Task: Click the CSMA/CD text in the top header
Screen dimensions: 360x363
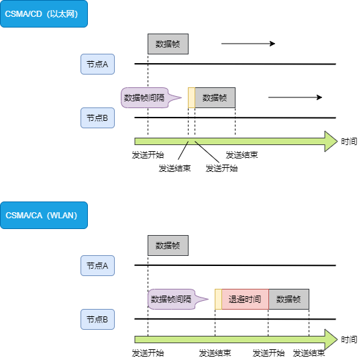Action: point(24,14)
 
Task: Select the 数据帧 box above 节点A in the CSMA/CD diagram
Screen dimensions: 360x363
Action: point(168,44)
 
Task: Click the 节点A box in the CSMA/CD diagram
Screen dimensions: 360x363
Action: point(97,64)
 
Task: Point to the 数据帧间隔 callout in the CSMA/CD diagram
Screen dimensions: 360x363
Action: point(144,98)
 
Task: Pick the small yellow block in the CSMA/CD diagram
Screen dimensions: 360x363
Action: point(191,98)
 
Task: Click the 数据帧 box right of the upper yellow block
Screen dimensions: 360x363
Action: point(215,98)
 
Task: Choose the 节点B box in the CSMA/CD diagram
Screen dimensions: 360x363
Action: point(97,118)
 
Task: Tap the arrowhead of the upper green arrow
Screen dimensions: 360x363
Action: point(330,141)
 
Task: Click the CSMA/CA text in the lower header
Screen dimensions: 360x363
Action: point(24,216)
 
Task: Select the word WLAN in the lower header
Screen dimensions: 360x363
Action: point(64,216)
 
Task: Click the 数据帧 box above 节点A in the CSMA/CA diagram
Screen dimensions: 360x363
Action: point(168,246)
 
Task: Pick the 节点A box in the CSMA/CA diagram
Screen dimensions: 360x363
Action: point(97,266)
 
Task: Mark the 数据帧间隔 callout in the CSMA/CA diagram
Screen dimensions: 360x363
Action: point(170,300)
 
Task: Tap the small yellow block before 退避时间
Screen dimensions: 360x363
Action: point(218,300)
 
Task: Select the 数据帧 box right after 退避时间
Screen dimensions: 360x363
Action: point(289,300)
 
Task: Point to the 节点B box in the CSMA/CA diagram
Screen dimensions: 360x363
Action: point(97,320)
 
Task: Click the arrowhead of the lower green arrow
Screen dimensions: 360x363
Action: point(330,339)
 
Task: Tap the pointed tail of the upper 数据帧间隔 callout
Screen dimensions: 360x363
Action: point(180,99)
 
